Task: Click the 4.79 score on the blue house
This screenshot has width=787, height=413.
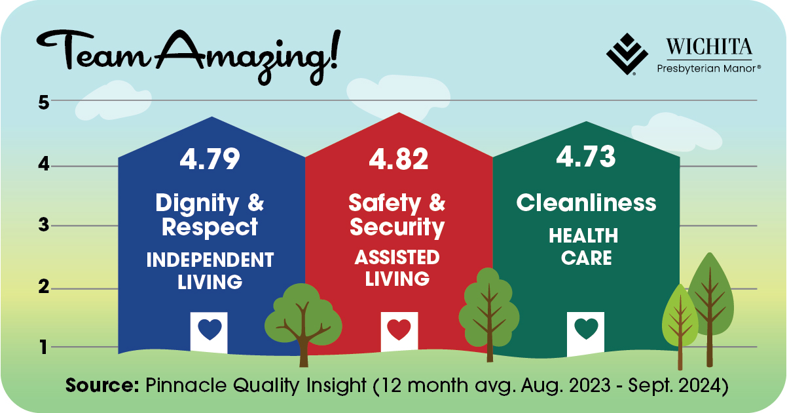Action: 210,159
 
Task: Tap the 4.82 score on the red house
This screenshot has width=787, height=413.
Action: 399,159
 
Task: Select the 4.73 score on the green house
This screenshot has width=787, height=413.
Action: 586,156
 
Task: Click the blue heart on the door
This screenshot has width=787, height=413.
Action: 210,329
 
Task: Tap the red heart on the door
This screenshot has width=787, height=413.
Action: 399,329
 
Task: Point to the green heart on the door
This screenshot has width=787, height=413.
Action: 586,328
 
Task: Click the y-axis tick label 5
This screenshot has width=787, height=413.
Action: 44,103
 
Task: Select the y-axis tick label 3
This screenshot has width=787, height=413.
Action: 44,225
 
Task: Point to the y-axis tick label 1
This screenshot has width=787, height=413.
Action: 44,347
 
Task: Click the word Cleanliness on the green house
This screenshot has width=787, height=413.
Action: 586,203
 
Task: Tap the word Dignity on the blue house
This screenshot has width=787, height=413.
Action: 197,203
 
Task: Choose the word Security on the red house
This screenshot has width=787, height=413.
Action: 397,227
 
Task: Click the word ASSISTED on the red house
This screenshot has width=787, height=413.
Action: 397,257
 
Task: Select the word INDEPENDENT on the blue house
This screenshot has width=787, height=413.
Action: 210,260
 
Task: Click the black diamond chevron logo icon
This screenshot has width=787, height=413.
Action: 627,54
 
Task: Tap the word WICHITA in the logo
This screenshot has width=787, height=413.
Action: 709,47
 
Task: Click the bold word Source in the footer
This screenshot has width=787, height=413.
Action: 102,385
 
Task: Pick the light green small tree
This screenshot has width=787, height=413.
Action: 680,326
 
